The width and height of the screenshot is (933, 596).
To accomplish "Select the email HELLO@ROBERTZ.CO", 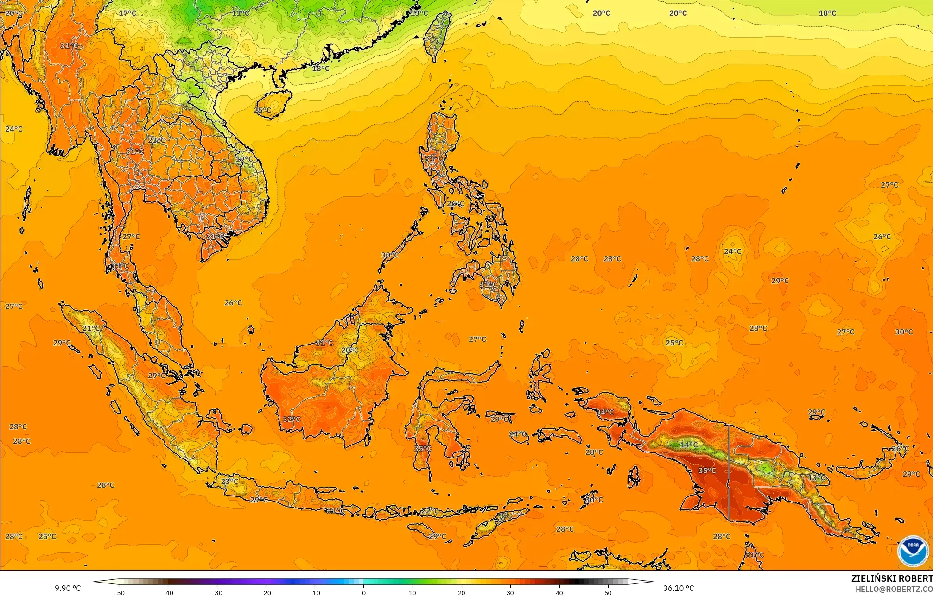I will coord(894,589).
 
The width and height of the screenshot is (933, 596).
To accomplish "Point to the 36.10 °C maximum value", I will coord(678,588).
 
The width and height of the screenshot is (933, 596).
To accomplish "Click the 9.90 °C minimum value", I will coord(68,588).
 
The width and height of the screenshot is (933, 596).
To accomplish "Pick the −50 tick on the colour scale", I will coord(119,592).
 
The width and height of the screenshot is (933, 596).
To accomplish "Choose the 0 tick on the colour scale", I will coord(364,592).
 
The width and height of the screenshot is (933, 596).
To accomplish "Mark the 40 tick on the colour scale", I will coord(559,592).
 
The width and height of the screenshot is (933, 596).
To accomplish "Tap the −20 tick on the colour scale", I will coord(265,592).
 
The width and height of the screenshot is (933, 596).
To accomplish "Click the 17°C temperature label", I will coord(127,13).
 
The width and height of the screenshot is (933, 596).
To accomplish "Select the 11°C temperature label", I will coord(241,13).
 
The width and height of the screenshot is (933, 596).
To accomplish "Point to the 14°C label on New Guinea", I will coord(689,445).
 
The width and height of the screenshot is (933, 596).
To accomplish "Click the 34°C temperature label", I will coord(605,412).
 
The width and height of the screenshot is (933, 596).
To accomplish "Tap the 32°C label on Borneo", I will coord(292,420).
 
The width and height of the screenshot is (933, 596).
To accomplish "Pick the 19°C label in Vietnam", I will coord(244,159).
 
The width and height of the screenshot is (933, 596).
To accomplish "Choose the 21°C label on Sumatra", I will coord(91,328).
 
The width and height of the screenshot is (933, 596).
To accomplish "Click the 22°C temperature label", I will coord(430,511).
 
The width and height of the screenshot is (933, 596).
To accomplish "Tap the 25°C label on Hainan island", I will coord(262,110).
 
